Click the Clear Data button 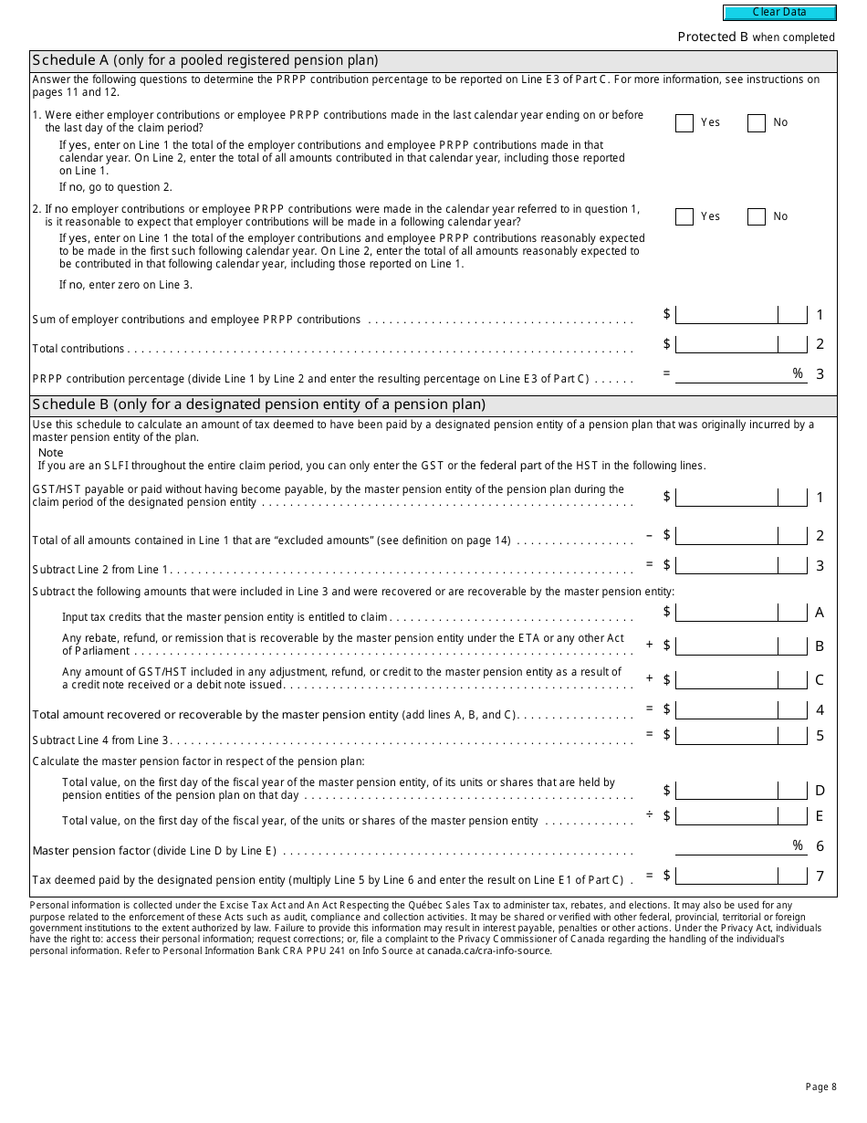pyautogui.click(x=779, y=13)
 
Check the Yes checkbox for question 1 pyautogui.click(x=684, y=123)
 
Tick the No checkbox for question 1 pyautogui.click(x=756, y=123)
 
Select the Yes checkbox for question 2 pyautogui.click(x=684, y=217)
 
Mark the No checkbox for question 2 pyautogui.click(x=756, y=217)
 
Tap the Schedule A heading pyautogui.click(x=205, y=60)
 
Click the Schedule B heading pyautogui.click(x=258, y=404)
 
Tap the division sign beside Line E pyautogui.click(x=650, y=814)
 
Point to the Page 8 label pyautogui.click(x=820, y=1086)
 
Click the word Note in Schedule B pyautogui.click(x=51, y=453)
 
